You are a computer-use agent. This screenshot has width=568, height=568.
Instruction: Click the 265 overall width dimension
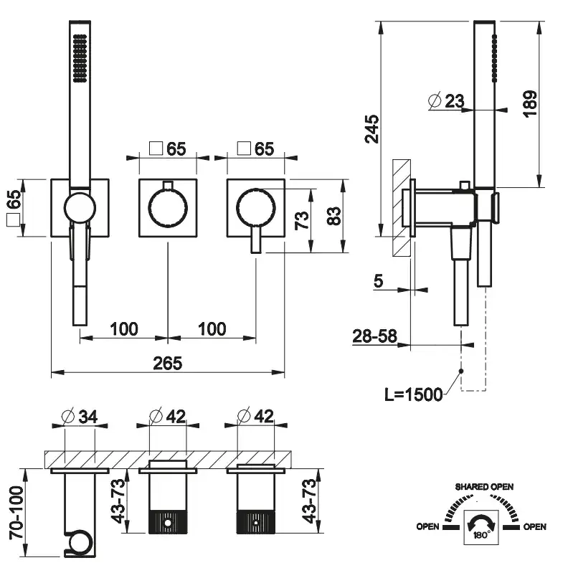click(x=167, y=363)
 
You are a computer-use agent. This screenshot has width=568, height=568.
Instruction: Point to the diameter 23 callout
click(x=446, y=101)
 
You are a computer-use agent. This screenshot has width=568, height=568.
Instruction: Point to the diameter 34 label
click(x=80, y=415)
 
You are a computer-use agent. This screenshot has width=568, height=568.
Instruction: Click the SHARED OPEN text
click(x=485, y=487)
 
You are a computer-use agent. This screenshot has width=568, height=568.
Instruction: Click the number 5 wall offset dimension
click(x=378, y=280)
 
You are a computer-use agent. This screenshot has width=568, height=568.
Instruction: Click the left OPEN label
click(x=428, y=527)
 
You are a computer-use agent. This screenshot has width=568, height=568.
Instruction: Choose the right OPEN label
click(x=534, y=527)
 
